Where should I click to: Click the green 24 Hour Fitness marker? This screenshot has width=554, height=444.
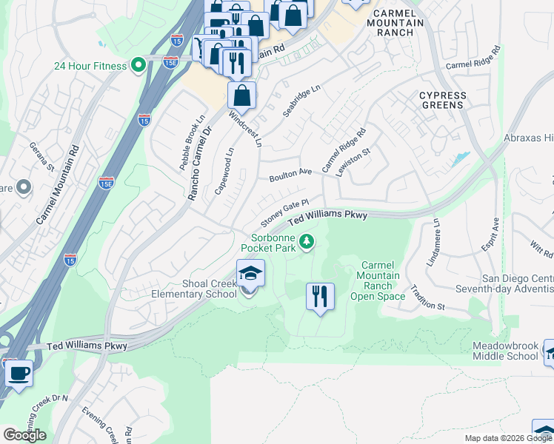coord(138,66)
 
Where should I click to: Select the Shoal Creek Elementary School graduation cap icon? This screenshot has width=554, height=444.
coord(250,275)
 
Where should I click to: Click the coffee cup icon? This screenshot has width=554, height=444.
coord(19,372)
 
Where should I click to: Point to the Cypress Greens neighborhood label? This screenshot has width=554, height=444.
coord(443,101)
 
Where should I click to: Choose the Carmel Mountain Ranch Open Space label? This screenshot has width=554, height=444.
coord(381,281)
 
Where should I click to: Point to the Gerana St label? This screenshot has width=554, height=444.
coord(42,158)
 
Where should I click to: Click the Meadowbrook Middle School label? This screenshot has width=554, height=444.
coord(506,351)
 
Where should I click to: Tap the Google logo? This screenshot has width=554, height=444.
coord(24,435)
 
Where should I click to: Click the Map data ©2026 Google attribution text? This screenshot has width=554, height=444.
coord(507,438)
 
